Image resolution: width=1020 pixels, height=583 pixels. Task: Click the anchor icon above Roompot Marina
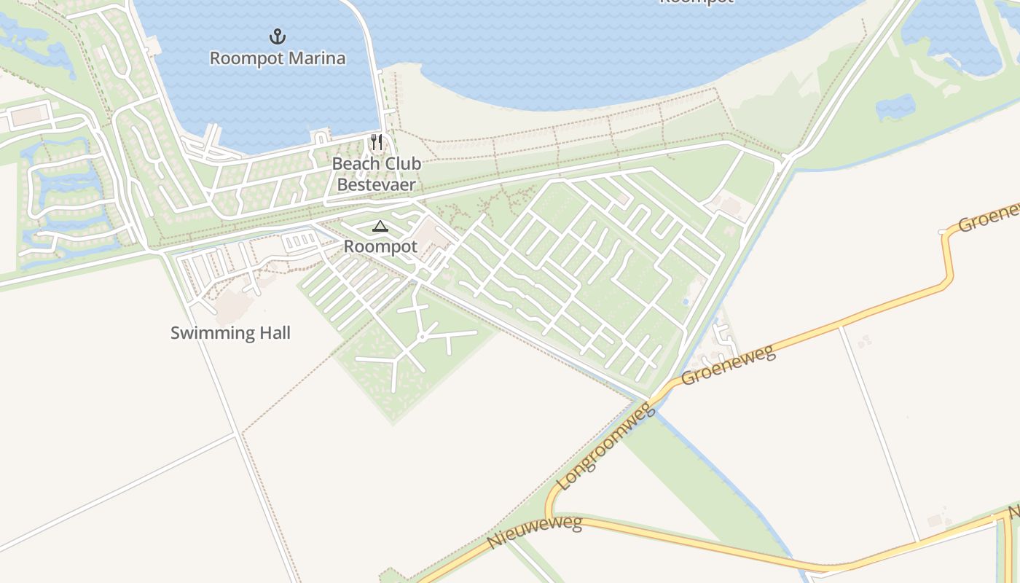click(x=277, y=36)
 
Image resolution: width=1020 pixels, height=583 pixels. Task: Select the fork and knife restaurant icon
click(x=376, y=141)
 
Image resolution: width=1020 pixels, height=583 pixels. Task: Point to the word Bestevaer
click(x=376, y=184)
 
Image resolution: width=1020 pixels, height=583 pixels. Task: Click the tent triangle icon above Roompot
click(x=380, y=227)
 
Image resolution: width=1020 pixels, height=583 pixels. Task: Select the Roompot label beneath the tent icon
click(x=380, y=247)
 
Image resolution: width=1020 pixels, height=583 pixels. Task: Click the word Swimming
click(x=206, y=334)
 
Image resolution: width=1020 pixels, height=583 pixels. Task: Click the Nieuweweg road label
click(x=535, y=533)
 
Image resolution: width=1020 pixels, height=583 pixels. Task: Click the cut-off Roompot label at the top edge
click(x=695, y=2)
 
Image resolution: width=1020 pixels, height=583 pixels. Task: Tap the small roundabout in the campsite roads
click(x=421, y=337)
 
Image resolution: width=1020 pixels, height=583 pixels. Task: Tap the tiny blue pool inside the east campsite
click(x=686, y=301)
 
